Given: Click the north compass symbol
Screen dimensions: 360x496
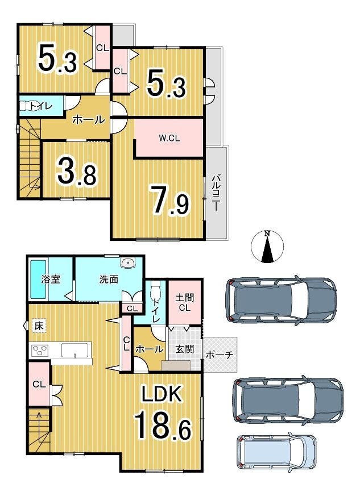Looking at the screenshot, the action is [x=267, y=247].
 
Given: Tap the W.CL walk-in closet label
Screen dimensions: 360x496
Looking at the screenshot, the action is [x=169, y=138].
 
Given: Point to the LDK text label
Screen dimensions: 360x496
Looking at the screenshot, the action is [x=162, y=394].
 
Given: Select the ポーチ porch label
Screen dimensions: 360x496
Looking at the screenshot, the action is [x=220, y=355].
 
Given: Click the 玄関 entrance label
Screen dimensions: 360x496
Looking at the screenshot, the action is [x=184, y=349].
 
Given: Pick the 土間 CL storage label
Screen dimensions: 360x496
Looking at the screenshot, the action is [x=185, y=302].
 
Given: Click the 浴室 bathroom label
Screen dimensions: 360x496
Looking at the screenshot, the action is [x=51, y=280].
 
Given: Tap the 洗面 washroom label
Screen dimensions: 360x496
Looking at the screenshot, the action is [x=109, y=280].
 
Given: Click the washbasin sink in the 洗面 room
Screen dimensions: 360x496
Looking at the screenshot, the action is [x=128, y=262].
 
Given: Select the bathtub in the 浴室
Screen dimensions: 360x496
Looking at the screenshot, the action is [x=39, y=279].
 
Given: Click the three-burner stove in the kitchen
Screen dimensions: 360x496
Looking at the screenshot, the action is [x=39, y=350].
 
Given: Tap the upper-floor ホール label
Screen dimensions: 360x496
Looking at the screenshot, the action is [x=89, y=120].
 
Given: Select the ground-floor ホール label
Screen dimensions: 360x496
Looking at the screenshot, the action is [x=150, y=349].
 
